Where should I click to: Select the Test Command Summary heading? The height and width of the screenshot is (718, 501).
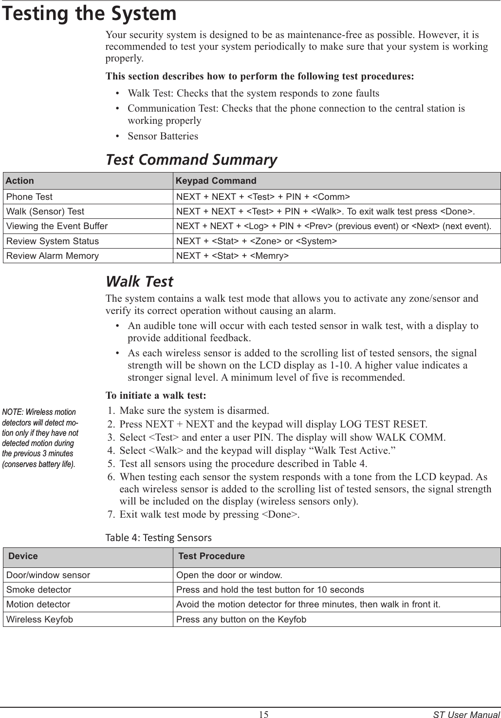[191, 159]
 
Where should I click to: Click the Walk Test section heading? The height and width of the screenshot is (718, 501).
[139, 281]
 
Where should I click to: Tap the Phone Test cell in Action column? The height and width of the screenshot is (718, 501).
[29, 197]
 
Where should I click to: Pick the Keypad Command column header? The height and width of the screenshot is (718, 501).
[216, 181]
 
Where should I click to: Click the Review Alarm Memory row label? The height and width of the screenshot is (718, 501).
[52, 255]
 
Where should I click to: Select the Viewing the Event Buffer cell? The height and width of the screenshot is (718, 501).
[56, 226]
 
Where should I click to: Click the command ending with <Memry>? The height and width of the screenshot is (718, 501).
[232, 255]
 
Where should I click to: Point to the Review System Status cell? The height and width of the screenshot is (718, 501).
[52, 241]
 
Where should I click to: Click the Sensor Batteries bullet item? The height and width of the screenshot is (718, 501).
[163, 136]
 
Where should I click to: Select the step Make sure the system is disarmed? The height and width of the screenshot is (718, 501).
[194, 409]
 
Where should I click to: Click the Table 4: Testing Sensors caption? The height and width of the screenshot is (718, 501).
[159, 538]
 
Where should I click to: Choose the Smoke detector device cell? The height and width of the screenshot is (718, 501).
[38, 590]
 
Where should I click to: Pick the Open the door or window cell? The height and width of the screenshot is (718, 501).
[229, 575]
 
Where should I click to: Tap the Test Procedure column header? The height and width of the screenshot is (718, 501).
[211, 556]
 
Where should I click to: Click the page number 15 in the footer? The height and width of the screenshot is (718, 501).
[263, 715]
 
